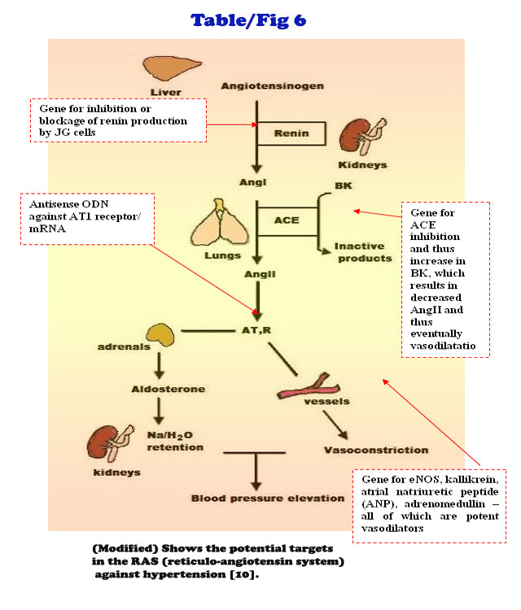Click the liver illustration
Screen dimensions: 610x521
pos(166,68)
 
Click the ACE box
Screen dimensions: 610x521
pos(282,220)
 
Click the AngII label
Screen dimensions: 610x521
pos(260,274)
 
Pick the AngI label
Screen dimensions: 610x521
pos(260,183)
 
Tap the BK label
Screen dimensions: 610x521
pos(344,186)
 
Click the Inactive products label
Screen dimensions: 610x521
pos(363,252)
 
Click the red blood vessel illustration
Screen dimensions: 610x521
pos(303,389)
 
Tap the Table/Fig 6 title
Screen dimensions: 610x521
pos(248,20)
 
